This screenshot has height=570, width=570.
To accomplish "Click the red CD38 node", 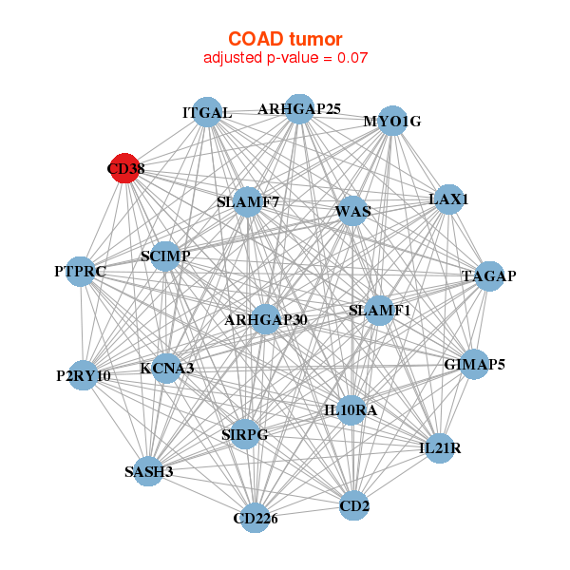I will [125, 168].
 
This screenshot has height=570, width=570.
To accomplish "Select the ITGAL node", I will [207, 112].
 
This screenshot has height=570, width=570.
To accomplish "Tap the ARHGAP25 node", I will [299, 108].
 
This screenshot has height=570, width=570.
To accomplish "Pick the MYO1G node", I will [392, 121].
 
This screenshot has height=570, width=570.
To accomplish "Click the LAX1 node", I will [448, 199].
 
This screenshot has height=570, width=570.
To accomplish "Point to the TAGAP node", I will [489, 275].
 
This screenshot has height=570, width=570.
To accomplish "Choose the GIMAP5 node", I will [475, 364].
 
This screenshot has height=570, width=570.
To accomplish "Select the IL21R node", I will [439, 447].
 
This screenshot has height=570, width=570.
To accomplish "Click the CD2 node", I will [354, 505].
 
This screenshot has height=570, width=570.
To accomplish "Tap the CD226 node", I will [255, 518].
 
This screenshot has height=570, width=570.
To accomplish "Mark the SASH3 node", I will [148, 471].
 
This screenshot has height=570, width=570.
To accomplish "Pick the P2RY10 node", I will [84, 375].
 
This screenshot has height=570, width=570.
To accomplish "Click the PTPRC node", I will [81, 272].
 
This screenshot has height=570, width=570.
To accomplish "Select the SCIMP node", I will [165, 256].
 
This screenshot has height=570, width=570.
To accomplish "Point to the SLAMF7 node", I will [248, 201].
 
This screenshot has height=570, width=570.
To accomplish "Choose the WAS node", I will [353, 211].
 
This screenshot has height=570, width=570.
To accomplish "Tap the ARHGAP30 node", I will [266, 319].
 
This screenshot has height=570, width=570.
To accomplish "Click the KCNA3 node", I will [167, 368].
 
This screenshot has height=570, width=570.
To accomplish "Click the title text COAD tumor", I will [285, 38].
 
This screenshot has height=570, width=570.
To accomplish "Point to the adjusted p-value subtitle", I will [285, 57].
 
